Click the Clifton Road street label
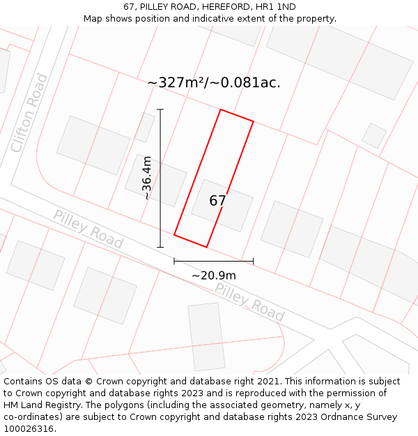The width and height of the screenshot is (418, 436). pos(30,113)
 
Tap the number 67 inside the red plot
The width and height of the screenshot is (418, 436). pos(217,201)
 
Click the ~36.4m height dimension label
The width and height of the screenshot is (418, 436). pos(147,178)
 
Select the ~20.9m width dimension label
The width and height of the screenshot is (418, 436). pos(214,276)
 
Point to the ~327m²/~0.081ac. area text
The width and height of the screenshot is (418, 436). pos(214,82)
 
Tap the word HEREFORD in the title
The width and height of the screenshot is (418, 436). pos(226,6)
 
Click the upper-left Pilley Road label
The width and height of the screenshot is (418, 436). pos(88,230)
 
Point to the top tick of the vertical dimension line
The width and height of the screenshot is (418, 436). pos(160,110)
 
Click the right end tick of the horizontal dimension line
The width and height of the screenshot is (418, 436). pos(253,262)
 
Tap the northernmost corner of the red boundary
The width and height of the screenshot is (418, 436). pos(221,110)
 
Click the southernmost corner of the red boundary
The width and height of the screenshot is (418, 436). pos(206,247)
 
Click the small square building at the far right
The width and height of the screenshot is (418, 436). pos(374,135)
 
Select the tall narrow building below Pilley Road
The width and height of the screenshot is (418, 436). pos(206,336)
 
